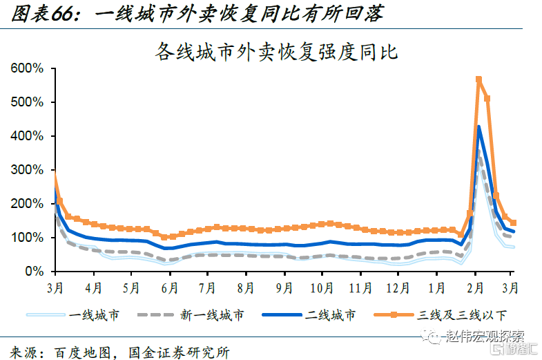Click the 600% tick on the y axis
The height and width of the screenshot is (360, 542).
click(28, 68)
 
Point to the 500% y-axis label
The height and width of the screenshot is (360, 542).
click(28, 102)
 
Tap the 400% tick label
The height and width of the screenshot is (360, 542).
click(28, 136)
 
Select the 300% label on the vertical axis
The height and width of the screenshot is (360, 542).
click(28, 170)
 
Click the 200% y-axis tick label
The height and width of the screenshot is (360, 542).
click(28, 204)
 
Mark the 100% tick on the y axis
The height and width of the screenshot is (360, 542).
click(28, 238)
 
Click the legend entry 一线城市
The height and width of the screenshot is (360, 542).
click(94, 315)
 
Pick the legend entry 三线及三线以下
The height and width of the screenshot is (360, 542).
click(462, 315)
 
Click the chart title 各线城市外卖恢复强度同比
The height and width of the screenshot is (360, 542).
click(278, 51)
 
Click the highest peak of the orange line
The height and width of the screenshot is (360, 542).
click(478, 80)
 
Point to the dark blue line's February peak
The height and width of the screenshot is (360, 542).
click(478, 127)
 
